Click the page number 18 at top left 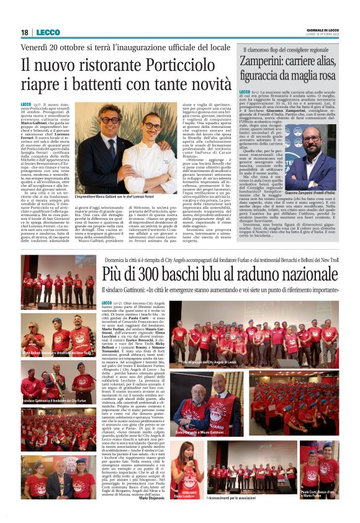[x=25, y=32]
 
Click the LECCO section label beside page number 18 [x=48, y=32]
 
